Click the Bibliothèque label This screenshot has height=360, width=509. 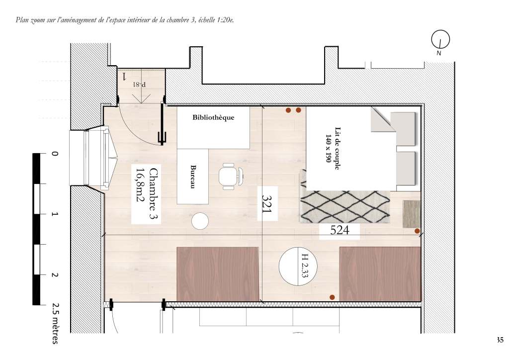(213, 117)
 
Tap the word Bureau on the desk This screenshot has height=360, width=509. (193, 177)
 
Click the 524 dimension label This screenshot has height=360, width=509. (339, 230)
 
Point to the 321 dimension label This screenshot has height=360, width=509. (267, 204)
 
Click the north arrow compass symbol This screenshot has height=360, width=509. (440, 40)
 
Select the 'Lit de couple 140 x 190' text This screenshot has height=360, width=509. (333, 148)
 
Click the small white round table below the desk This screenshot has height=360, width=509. (200, 221)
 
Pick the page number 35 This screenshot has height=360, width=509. (500, 340)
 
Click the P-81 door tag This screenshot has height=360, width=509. (140, 85)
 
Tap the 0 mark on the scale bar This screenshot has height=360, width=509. (55, 154)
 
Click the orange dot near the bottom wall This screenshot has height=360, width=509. (332, 297)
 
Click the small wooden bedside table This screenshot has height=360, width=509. (412, 214)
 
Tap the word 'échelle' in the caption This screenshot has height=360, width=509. (207, 20)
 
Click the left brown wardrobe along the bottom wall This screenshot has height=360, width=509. (218, 274)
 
